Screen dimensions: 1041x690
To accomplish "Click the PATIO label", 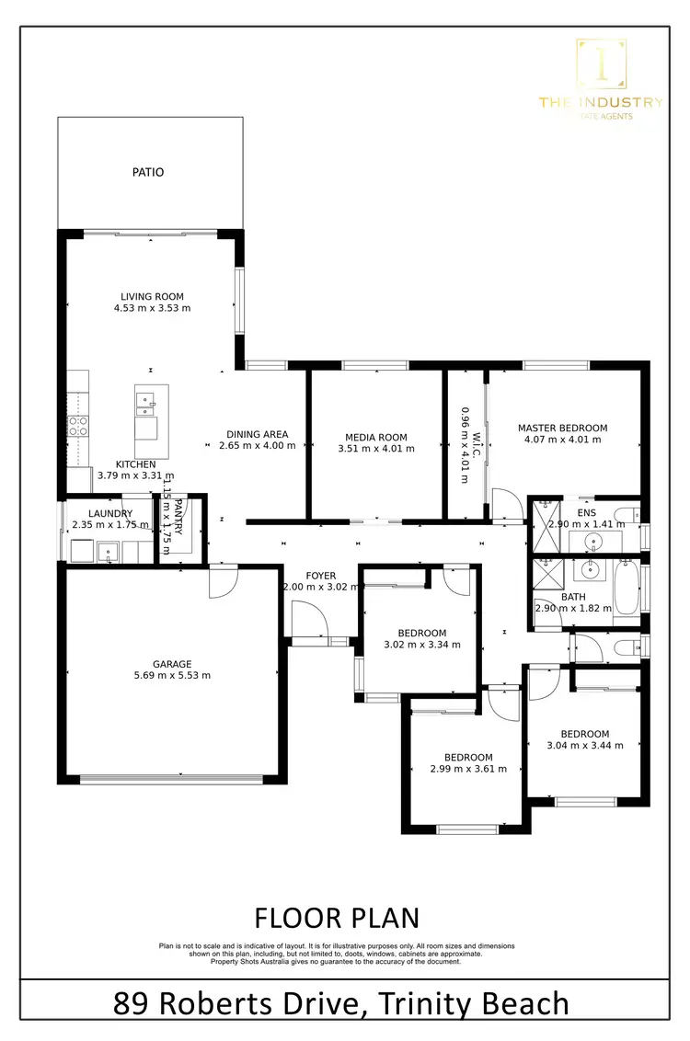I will pos(147,172).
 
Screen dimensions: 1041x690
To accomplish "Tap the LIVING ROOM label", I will pos(152,297).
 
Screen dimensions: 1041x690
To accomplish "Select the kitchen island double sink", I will pos(145,400).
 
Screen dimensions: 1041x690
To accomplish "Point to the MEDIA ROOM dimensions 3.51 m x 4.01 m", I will pos(375,450).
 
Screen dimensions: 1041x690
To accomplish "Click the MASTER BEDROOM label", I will pos(562,428).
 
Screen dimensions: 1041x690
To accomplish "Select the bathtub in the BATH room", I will pos(627,589).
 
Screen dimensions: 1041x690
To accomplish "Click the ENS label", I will pos(586,512).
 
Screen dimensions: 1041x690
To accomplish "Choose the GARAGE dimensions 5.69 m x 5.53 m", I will pos(172,676).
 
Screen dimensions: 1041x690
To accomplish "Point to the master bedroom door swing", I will pos(504,502).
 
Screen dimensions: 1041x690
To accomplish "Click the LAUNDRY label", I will pos(110,513).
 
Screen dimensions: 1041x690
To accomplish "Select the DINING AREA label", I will pos(258,434).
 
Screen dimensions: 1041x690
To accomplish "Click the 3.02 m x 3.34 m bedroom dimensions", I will pos(421,645).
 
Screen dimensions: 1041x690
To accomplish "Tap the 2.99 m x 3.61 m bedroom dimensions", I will pos(469,769).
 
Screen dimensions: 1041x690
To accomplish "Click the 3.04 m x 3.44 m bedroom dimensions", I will pos(584,746).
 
